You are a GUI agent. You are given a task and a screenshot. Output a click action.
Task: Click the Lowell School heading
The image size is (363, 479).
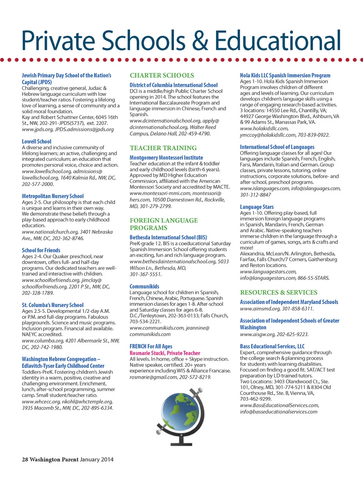(37, 142)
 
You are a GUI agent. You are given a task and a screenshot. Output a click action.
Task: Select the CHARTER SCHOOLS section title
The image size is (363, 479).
(162, 75)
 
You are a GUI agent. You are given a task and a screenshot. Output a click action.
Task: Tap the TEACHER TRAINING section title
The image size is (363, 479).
(163, 148)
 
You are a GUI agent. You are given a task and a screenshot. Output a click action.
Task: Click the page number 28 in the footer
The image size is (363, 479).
(25, 459)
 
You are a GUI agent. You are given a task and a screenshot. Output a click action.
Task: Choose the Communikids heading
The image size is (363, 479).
(144, 287)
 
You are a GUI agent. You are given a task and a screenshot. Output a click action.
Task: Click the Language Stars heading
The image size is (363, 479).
(257, 207)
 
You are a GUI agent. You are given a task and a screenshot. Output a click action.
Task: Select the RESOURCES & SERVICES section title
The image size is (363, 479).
(279, 292)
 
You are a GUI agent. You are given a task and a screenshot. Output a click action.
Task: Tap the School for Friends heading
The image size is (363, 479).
(41, 250)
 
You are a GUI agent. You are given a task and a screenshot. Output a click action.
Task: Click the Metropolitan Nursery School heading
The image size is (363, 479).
(53, 196)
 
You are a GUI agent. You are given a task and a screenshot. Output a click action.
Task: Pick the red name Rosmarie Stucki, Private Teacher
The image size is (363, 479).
(165, 353)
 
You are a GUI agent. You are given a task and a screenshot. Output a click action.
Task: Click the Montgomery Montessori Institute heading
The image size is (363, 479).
(166, 158)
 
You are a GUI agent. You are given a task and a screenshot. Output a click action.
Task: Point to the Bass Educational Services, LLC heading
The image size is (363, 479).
(272, 346)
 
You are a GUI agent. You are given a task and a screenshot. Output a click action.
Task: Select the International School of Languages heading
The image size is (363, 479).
(277, 147)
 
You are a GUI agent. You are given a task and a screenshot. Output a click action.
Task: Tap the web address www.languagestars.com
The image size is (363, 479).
(268, 271)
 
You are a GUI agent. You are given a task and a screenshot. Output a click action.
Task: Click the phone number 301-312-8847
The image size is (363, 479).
(256, 195)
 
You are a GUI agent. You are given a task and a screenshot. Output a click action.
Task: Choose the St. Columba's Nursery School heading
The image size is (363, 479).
(53, 305)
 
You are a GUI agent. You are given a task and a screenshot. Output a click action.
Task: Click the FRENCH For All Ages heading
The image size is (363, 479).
(151, 346)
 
